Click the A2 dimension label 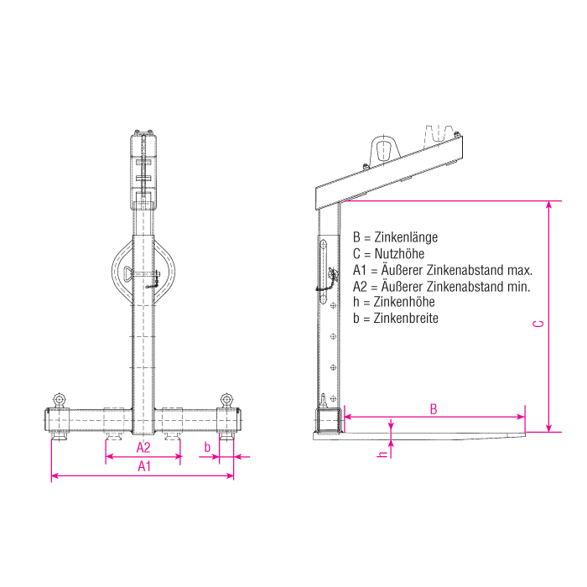[x=143, y=447]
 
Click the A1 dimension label [x=144, y=466]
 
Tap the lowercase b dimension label [x=207, y=447]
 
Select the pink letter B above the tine [x=434, y=409]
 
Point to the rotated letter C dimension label [x=538, y=324]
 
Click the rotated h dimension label [x=383, y=455]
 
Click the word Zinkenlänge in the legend [x=406, y=237]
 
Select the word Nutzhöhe [x=399, y=254]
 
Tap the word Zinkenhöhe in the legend [x=404, y=302]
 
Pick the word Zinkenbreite [x=406, y=318]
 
